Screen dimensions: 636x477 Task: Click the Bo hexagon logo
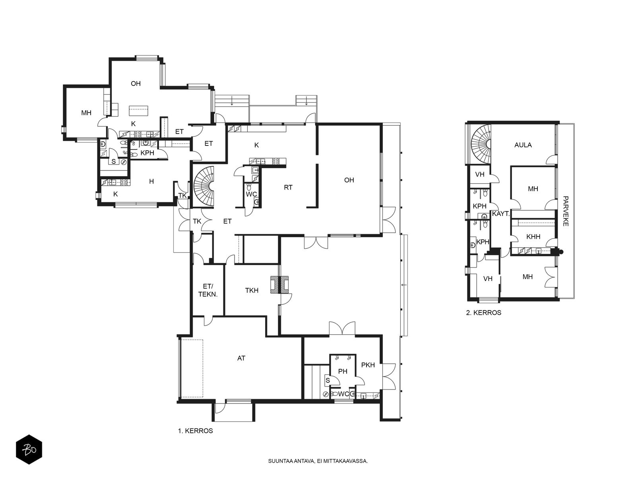pyautogui.click(x=29, y=450)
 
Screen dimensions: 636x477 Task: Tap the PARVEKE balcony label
pyautogui.click(x=565, y=211)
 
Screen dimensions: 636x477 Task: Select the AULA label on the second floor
pyautogui.click(x=523, y=145)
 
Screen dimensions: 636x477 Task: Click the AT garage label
pyautogui.click(x=241, y=358)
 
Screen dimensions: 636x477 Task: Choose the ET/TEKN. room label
pyautogui.click(x=208, y=290)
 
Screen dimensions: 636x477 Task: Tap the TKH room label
pyautogui.click(x=252, y=290)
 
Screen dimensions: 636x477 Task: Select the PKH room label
pyautogui.click(x=368, y=365)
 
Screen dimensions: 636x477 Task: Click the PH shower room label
pyautogui.click(x=343, y=371)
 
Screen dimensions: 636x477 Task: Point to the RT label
pyautogui.click(x=288, y=187)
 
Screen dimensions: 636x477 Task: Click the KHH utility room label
pyautogui.click(x=533, y=237)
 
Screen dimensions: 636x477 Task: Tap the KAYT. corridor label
pyautogui.click(x=501, y=214)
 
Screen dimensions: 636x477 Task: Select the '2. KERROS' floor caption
pyautogui.click(x=484, y=312)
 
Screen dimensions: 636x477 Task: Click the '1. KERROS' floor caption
pyautogui.click(x=195, y=430)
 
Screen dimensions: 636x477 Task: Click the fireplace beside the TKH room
pyautogui.click(x=279, y=285)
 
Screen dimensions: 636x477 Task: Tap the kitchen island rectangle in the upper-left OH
pyautogui.click(x=138, y=111)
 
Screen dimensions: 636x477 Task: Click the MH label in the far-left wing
pyautogui.click(x=86, y=112)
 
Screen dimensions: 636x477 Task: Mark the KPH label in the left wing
pyautogui.click(x=147, y=153)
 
